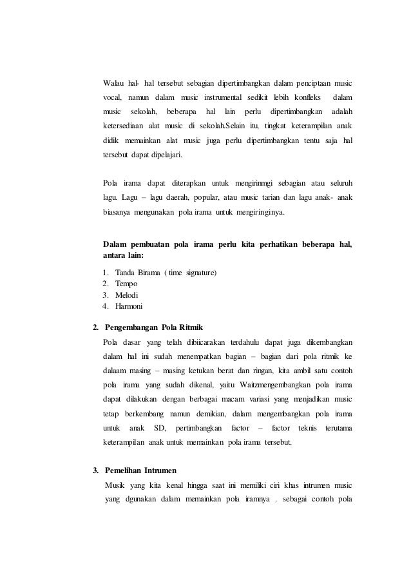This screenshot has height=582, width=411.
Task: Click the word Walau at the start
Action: (114, 83)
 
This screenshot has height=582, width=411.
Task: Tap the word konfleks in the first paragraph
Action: (309, 97)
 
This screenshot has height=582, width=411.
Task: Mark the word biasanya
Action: (117, 211)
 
